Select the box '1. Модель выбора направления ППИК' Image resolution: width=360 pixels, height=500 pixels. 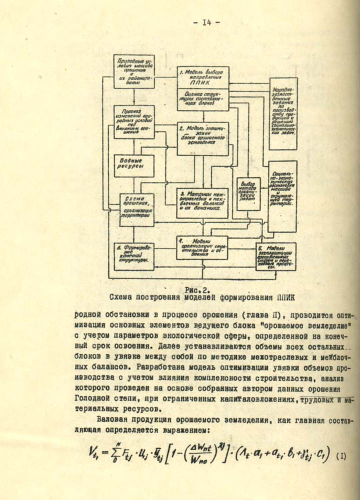click(203, 77)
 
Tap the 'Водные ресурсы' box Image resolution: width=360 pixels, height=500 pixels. click(133, 162)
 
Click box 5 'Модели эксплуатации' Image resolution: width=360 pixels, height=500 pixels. click(275, 256)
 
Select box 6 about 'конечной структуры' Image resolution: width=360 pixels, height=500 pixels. click(133, 255)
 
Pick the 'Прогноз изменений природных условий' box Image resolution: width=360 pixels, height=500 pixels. click(133, 124)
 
